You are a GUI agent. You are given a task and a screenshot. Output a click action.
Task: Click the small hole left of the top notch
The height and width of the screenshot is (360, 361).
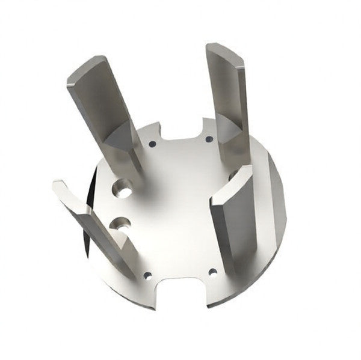[151, 144]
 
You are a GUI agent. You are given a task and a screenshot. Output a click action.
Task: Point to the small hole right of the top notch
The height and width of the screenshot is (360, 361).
[209, 139]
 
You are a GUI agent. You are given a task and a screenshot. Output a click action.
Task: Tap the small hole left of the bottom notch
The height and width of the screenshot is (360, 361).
[148, 275]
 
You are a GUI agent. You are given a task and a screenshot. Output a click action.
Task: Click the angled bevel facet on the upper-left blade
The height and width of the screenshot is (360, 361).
[120, 135]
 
